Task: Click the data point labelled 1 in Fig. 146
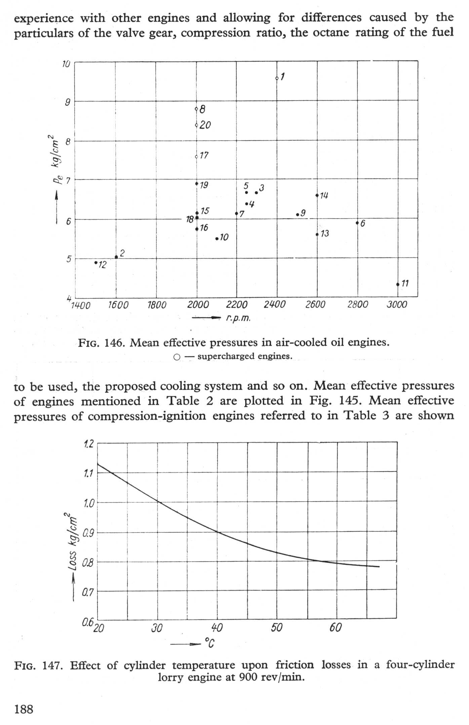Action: click(x=277, y=78)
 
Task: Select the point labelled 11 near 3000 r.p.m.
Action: click(x=398, y=284)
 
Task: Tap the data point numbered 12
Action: click(x=96, y=262)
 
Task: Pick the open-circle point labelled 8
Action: click(x=196, y=109)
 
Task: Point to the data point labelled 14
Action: click(x=317, y=195)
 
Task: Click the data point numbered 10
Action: click(x=217, y=239)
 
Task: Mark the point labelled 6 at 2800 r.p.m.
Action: click(x=357, y=223)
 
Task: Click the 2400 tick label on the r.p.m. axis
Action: click(x=274, y=305)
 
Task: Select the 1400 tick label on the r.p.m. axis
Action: click(x=81, y=305)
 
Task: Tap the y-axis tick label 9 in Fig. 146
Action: click(x=68, y=102)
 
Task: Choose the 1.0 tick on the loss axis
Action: click(x=88, y=503)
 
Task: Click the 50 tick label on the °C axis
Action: click(x=276, y=627)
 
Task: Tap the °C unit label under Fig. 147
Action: click(x=209, y=644)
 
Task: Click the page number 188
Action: click(x=24, y=710)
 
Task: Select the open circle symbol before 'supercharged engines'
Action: click(x=177, y=357)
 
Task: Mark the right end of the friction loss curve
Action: click(x=379, y=567)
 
